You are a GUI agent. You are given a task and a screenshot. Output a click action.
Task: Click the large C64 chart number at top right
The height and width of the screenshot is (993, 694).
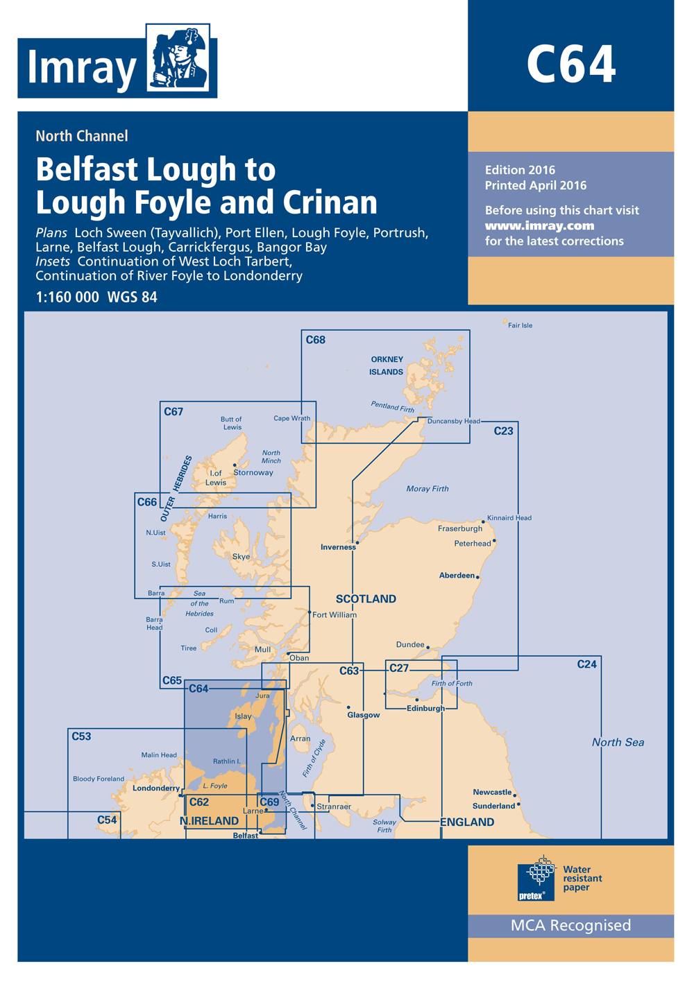click(x=570, y=65)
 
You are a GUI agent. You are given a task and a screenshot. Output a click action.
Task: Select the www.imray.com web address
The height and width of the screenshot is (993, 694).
click(x=539, y=225)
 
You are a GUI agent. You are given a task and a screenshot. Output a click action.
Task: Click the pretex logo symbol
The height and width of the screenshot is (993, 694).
click(x=536, y=877)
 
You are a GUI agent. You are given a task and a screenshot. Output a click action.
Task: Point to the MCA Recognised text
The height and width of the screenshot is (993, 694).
click(x=570, y=925)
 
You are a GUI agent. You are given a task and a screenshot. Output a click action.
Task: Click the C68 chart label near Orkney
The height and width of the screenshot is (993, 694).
click(x=316, y=340)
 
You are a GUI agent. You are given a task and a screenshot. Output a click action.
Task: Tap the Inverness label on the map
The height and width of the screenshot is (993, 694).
click(x=338, y=547)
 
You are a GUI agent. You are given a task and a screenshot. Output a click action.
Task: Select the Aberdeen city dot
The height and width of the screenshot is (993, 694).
click(x=477, y=576)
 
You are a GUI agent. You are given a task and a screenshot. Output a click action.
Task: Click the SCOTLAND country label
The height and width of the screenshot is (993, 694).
click(x=366, y=598)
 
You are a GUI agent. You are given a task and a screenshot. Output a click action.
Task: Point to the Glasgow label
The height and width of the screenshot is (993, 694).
click(x=364, y=715)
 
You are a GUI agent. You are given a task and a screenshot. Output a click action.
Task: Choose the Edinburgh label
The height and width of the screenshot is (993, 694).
click(x=425, y=708)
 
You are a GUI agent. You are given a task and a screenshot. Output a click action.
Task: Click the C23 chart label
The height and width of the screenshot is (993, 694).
click(x=503, y=431)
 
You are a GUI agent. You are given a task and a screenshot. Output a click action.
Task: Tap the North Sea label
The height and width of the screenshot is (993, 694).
click(x=618, y=742)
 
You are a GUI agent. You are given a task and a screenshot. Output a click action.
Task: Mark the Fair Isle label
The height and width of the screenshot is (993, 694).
click(x=520, y=325)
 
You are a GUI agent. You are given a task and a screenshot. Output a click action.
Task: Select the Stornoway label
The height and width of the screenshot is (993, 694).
click(x=253, y=472)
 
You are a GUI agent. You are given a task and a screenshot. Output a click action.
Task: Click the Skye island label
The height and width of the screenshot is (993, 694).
click(x=241, y=556)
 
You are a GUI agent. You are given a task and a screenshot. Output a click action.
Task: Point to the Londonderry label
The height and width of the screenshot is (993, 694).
click(x=155, y=788)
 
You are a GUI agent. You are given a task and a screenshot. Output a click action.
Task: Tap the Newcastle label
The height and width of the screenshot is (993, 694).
click(x=492, y=792)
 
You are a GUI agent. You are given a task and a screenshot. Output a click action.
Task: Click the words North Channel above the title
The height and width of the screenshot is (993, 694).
click(x=82, y=136)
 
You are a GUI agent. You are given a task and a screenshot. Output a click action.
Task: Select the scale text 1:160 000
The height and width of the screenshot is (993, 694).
click(x=67, y=297)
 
